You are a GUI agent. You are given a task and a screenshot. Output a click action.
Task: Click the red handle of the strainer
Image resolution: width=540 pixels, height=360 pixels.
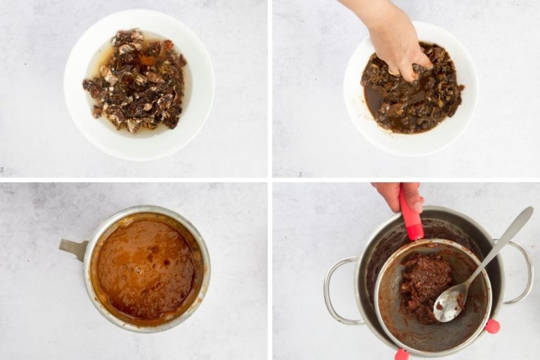coord(410,214)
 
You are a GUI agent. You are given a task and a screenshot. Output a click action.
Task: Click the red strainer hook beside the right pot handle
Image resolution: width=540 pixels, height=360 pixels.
coord(492,326)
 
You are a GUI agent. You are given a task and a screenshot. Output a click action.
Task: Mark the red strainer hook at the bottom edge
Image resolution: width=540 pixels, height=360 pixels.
coord(401,354)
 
